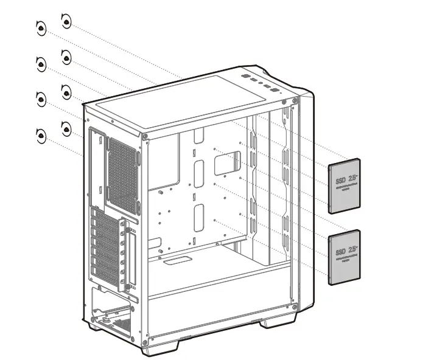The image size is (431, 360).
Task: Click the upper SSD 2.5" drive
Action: tap(345, 186)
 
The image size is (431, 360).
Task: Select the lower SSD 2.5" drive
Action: tap(345, 257)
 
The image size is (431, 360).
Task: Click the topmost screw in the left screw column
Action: tap(41, 28)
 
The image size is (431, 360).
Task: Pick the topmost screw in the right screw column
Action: tap(66, 21)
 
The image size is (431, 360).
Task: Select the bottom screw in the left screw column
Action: tap(41, 136)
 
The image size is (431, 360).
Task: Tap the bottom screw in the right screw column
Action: tap(66, 128)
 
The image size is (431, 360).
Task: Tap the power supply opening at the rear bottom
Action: tap(113, 310)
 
